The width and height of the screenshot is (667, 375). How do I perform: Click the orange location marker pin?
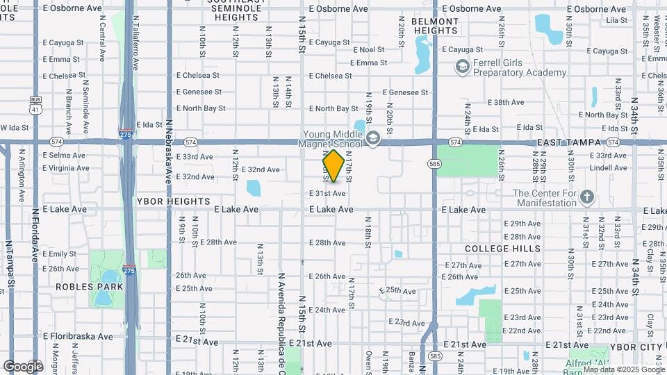tap(333, 165)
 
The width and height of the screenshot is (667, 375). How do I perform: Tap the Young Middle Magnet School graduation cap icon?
tap(373, 139)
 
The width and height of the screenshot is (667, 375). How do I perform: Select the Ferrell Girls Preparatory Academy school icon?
tap(460, 67)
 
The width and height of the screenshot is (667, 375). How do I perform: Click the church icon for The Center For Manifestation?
tap(587, 197)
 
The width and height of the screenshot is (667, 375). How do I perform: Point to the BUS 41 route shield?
tap(35, 105)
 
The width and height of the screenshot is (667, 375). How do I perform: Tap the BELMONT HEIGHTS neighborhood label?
tap(436, 26)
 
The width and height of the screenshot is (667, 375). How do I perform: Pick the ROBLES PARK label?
tap(90, 287)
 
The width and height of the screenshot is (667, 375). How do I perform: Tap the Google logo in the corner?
tap(23, 366)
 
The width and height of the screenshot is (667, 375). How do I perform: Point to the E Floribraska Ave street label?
tap(78, 337)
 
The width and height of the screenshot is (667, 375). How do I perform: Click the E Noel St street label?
tap(369, 50)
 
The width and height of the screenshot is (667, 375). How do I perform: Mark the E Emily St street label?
tap(59, 254)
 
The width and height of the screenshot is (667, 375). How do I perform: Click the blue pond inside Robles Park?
tap(102, 297)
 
